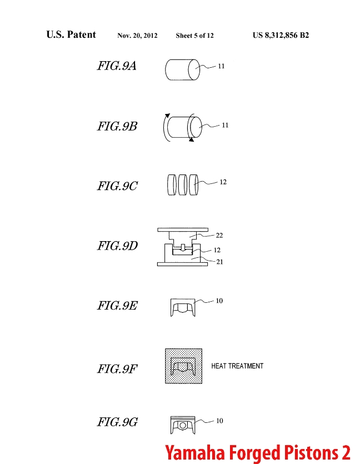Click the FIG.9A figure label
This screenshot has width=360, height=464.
117,66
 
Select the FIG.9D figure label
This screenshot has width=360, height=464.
117,246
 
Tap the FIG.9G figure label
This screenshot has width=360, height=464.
117,422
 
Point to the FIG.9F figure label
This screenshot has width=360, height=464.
117,369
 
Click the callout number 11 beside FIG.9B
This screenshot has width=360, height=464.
225,125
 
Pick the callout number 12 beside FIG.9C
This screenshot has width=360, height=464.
223,182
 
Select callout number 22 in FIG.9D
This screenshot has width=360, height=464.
219,235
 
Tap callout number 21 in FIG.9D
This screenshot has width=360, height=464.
219,262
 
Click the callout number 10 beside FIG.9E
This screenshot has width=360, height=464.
219,301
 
